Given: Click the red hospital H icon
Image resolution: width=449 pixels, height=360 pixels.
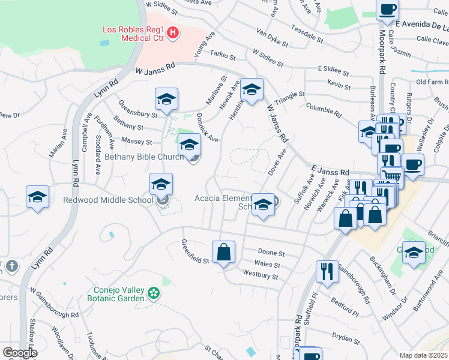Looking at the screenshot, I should [x=173, y=32].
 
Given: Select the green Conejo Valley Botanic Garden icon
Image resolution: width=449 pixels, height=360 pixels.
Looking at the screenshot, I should [x=154, y=293].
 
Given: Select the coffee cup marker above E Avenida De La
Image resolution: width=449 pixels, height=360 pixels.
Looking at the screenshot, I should [x=387, y=10].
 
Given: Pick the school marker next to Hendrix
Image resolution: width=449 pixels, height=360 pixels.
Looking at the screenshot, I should [x=252, y=90].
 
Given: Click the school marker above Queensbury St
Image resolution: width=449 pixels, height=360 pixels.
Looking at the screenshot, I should [x=166, y=98].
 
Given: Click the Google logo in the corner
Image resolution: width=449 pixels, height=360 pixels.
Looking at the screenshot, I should [x=19, y=353].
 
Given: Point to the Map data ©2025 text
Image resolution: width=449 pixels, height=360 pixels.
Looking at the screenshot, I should [x=424, y=355].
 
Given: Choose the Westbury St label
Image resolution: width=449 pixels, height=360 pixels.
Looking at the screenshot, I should [x=261, y=275].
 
